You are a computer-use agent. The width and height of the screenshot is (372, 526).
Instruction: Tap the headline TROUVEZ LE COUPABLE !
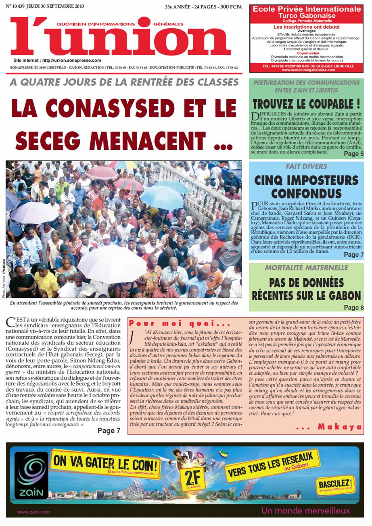tap(306, 103)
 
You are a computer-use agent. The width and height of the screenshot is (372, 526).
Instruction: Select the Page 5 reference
tap(353, 154)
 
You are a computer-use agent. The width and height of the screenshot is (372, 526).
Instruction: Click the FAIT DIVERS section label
tap(306, 166)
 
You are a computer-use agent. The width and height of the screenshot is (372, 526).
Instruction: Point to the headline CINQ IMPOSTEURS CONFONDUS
tap(306, 186)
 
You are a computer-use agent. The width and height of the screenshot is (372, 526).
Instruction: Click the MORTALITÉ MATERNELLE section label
tap(306, 268)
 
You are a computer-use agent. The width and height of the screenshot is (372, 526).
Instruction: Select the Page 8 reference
tap(353, 308)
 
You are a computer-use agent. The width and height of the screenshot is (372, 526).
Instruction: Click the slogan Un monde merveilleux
tap(305, 511)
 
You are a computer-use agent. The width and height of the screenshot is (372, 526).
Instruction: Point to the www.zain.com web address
tap(33, 511)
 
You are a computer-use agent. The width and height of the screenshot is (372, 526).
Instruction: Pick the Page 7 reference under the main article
tap(109, 431)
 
